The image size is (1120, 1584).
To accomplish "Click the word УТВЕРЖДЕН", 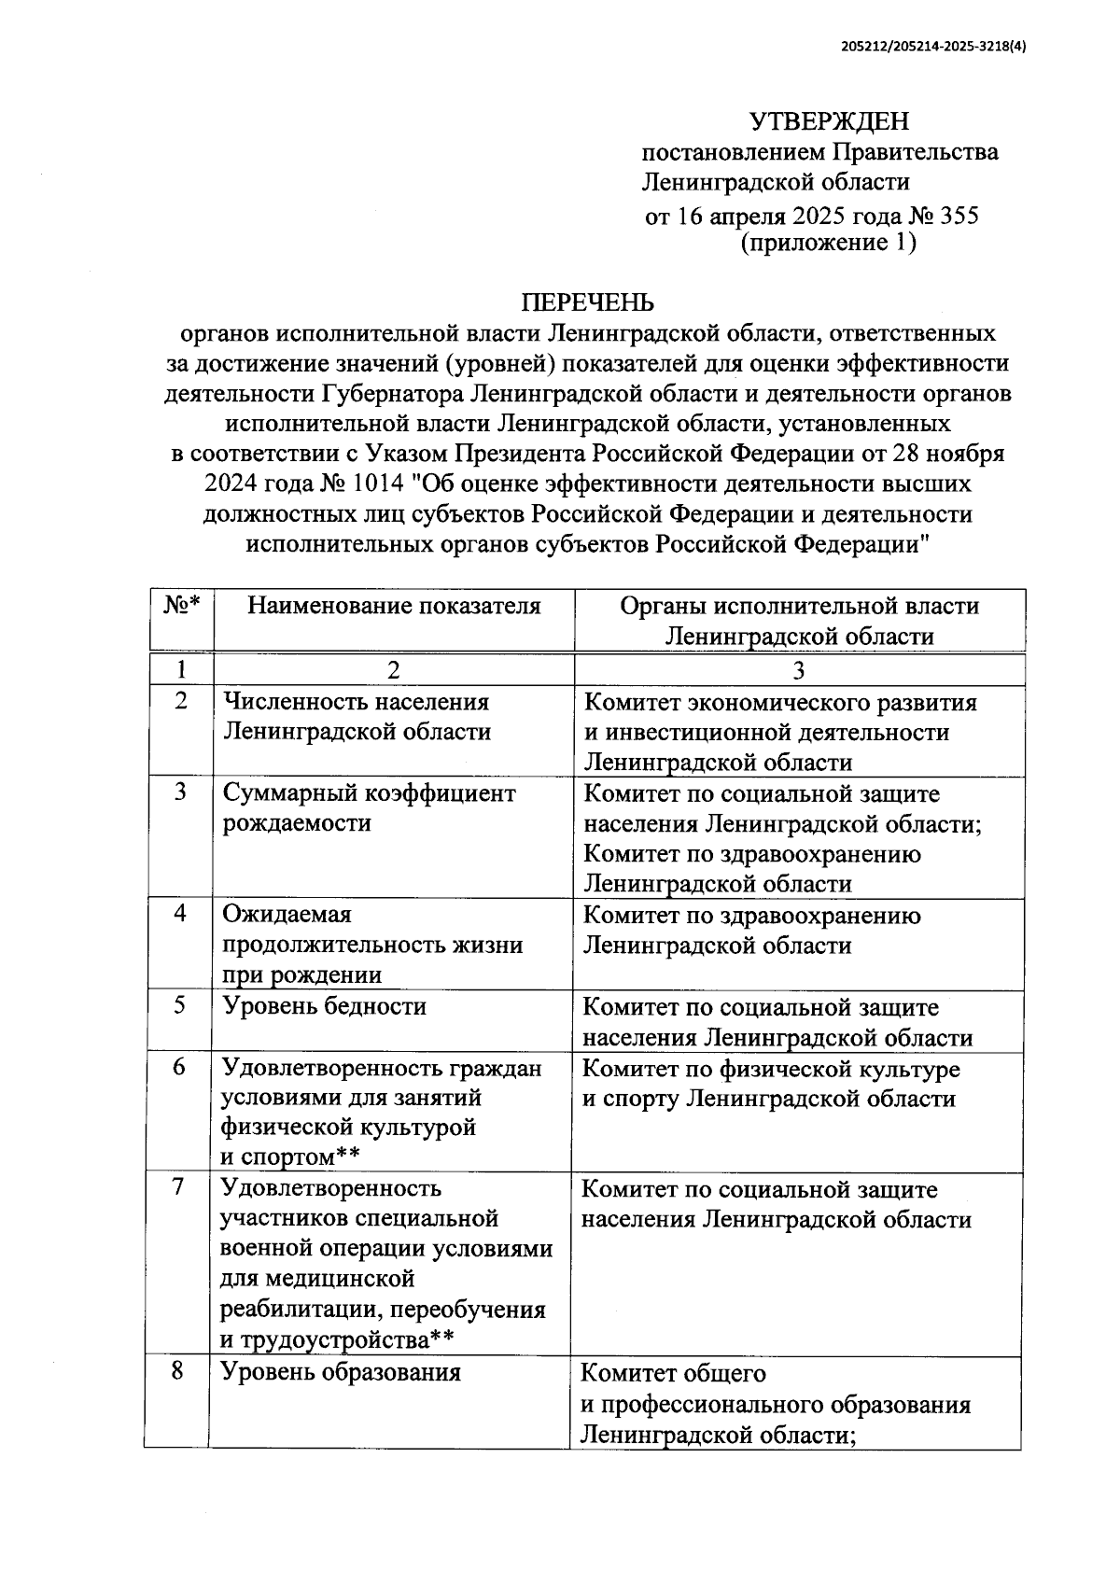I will click(x=829, y=121).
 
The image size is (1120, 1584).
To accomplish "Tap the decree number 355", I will click(x=959, y=217).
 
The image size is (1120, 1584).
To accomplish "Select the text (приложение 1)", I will click(x=828, y=244).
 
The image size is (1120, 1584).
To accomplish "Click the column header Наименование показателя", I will click(x=394, y=606).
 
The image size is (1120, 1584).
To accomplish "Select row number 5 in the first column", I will click(x=180, y=1005).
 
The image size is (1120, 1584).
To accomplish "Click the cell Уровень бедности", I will click(x=324, y=1006).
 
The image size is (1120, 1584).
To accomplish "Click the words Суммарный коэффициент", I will click(x=369, y=793).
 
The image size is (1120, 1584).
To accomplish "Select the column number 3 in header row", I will click(x=799, y=669).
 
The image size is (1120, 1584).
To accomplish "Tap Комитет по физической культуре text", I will click(x=771, y=1069).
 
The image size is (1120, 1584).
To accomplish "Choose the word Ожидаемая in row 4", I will click(x=287, y=915).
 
